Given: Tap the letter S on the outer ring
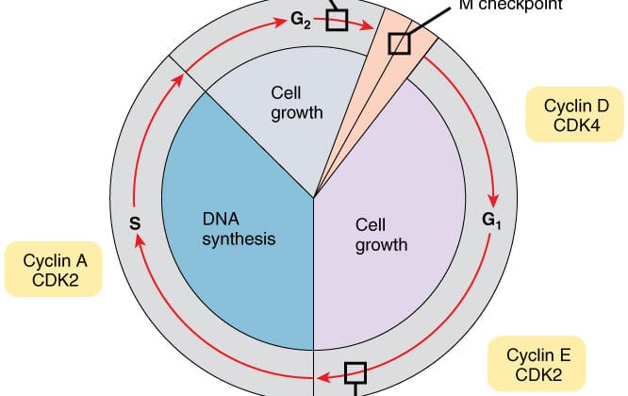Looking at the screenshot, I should (x=134, y=223).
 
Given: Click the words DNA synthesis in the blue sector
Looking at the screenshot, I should (x=239, y=227).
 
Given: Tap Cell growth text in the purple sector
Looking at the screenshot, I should (x=381, y=235).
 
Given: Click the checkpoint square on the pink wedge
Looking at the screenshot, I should (x=401, y=43).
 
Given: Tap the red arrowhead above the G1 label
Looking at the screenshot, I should (x=490, y=199).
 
